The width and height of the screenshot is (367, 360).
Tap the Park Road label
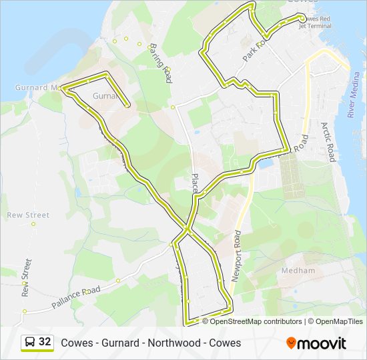pyautogui.click(x=254, y=50)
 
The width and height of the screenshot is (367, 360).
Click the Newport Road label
pyautogui.click(x=236, y=257)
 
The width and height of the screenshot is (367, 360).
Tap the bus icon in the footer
pyautogui.click(x=31, y=343)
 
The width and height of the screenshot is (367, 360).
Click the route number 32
pyautogui.click(x=45, y=343)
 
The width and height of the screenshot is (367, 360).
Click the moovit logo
pyautogui.click(x=316, y=343)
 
